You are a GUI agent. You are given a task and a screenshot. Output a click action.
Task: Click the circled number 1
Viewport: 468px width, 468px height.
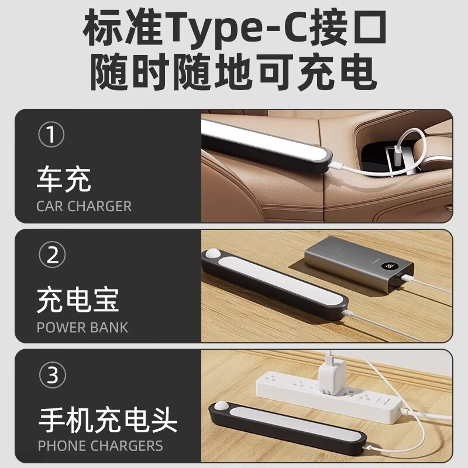52,136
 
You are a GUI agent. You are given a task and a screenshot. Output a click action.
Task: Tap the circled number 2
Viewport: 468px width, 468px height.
52,256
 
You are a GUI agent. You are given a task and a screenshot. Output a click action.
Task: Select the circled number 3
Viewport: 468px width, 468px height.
52,375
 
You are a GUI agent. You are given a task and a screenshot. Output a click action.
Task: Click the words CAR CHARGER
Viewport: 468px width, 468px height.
84,207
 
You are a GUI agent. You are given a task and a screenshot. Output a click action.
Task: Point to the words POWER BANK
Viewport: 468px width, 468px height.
82,327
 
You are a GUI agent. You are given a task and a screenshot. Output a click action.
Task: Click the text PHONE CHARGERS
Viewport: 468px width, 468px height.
101,446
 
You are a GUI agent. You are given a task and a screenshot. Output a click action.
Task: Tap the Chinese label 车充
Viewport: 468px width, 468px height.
64,180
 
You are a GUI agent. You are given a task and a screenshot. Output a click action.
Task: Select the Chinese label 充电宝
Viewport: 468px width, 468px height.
78,300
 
